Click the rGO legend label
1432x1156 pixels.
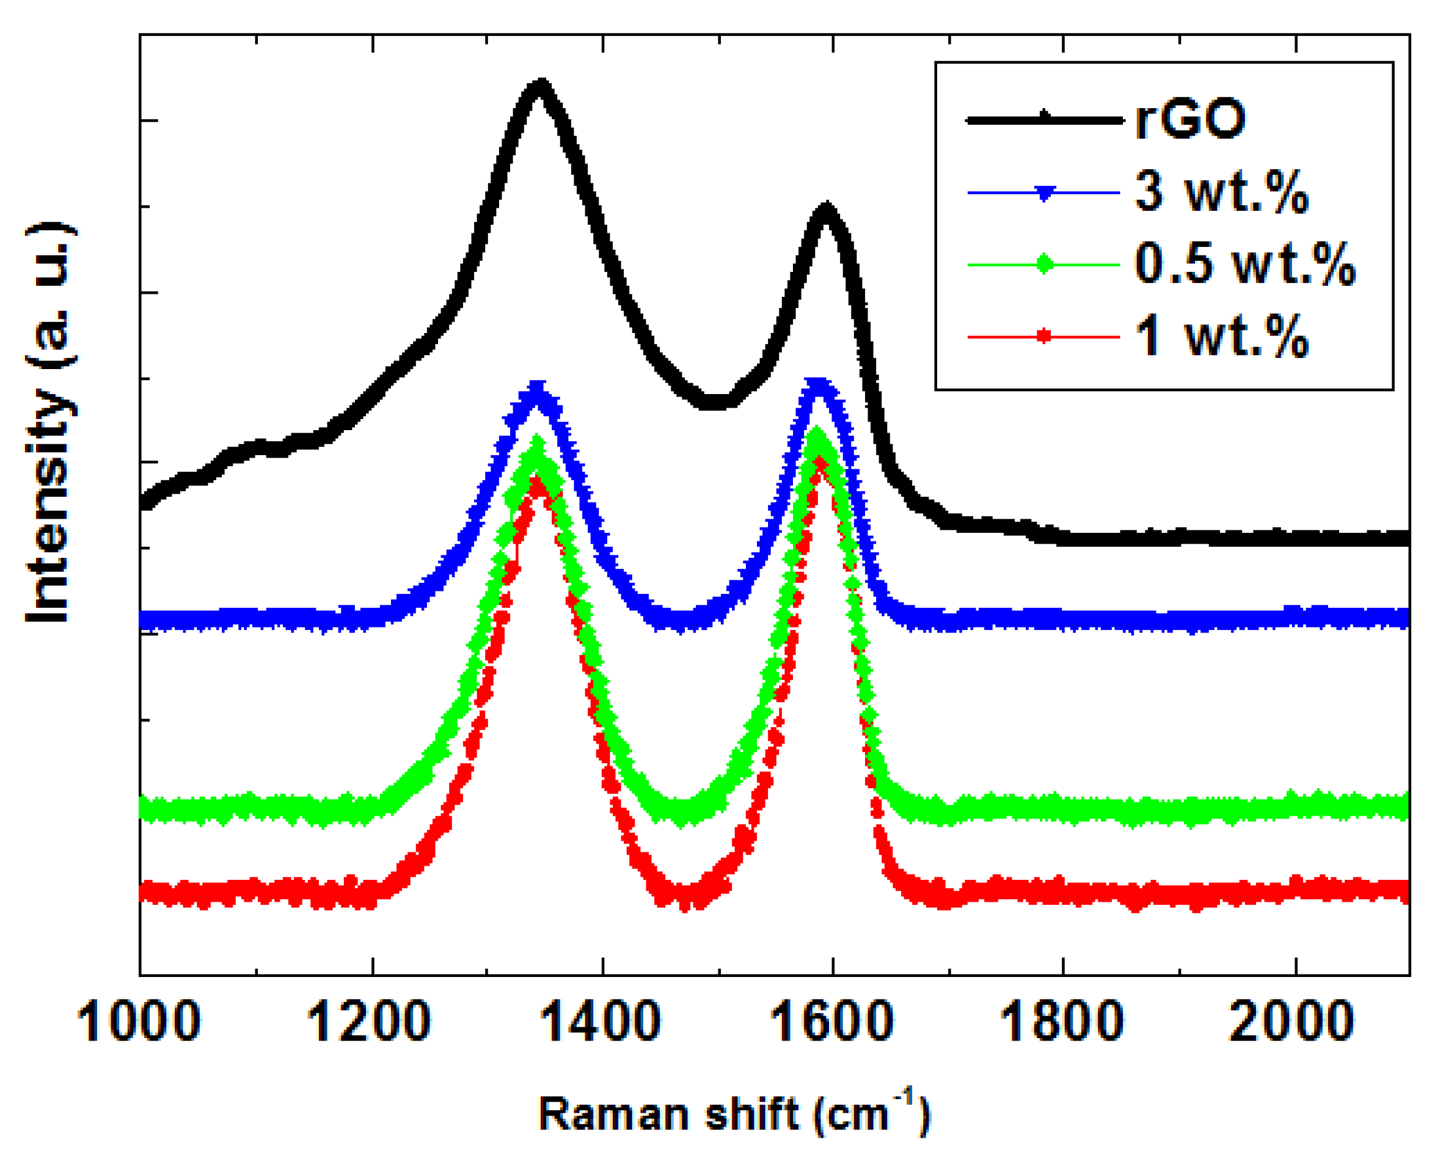(x=1189, y=120)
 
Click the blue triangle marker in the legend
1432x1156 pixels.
(x=1045, y=194)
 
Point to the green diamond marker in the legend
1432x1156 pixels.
(x=1045, y=265)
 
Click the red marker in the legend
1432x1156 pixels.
(x=1045, y=336)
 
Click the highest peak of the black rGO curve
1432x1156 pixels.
(x=541, y=87)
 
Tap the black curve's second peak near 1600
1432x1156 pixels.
(x=825, y=210)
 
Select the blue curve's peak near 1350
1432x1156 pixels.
(x=537, y=390)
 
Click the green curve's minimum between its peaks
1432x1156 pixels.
(x=681, y=814)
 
